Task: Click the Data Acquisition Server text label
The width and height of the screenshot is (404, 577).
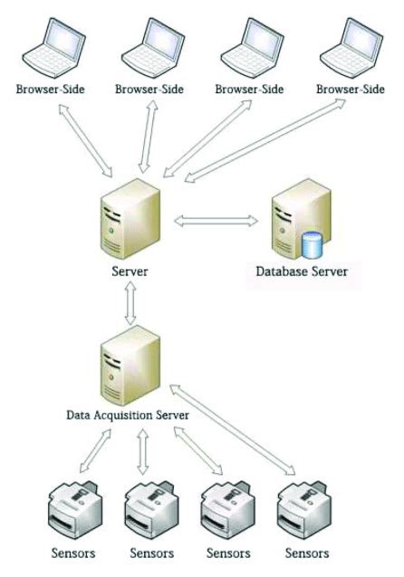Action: [x=128, y=414]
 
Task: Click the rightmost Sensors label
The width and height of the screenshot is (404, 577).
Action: [x=304, y=553]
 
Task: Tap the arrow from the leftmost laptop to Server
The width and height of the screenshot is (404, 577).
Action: [x=85, y=139]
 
